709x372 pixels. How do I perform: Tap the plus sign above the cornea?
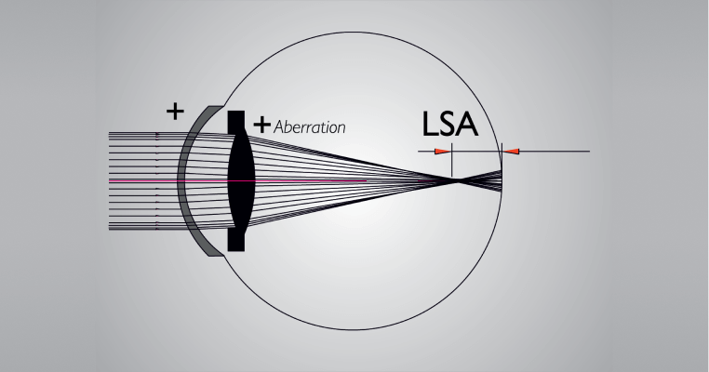(174, 111)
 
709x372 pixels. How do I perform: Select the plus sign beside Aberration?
(262, 123)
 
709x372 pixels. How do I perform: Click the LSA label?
(448, 123)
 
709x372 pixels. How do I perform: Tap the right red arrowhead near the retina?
(510, 151)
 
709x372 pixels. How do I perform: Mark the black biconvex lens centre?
(238, 179)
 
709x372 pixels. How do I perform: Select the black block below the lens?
(235, 240)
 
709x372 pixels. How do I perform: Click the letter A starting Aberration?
(281, 125)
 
